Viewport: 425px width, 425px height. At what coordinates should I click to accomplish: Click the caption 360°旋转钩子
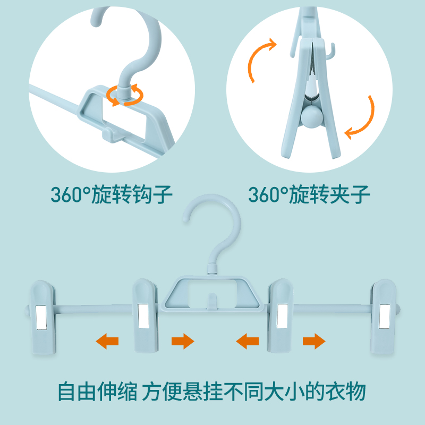coord(112,194)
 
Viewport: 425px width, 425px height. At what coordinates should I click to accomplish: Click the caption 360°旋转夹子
coord(309,194)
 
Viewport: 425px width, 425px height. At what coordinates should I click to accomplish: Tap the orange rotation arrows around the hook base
coord(125,95)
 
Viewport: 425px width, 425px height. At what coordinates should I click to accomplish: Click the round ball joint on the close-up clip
coord(312,116)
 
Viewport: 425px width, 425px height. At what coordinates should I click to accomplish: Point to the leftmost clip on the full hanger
coord(43,317)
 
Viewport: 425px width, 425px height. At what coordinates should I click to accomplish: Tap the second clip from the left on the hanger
coord(146,316)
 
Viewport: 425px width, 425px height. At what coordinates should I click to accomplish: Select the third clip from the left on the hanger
coord(280,316)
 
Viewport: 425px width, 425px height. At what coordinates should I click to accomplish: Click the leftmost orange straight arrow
coord(107,341)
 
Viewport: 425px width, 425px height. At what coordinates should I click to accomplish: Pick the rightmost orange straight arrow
coord(314,341)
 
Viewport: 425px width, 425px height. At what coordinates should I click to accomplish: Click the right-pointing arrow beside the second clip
coord(183,341)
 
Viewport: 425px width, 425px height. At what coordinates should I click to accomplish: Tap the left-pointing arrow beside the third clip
coord(247,341)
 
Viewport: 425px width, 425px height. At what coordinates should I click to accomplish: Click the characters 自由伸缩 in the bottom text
coord(98,391)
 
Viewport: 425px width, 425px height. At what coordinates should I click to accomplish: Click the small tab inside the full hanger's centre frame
coord(212,300)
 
